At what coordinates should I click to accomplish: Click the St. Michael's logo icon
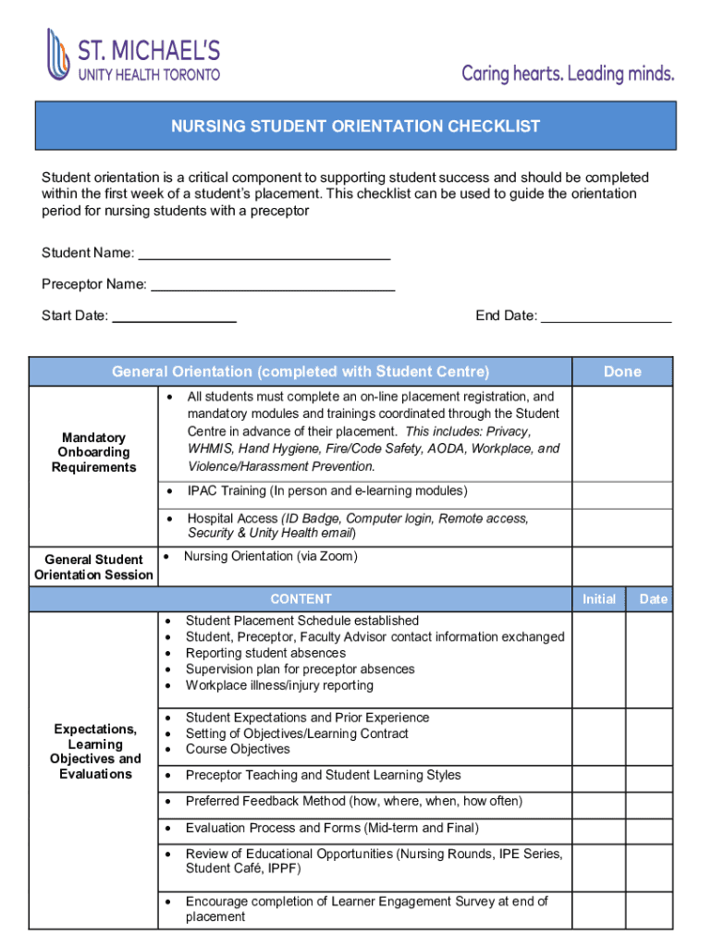(x=58, y=55)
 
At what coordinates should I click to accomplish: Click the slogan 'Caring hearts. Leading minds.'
(x=568, y=73)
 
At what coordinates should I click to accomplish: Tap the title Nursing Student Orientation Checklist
(x=355, y=127)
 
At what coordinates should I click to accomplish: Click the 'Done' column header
(x=621, y=372)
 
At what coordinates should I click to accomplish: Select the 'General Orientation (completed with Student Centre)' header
(x=301, y=372)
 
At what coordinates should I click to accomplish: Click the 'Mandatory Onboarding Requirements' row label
(x=93, y=452)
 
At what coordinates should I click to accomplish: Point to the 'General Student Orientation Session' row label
(x=93, y=567)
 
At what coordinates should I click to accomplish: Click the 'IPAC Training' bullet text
(x=326, y=491)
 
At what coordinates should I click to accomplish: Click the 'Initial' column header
(x=598, y=599)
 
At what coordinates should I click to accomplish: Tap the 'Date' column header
(x=653, y=599)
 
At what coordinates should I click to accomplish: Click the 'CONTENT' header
(x=301, y=599)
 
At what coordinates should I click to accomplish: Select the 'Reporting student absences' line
(x=265, y=653)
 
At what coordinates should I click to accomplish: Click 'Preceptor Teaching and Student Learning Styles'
(x=323, y=775)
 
